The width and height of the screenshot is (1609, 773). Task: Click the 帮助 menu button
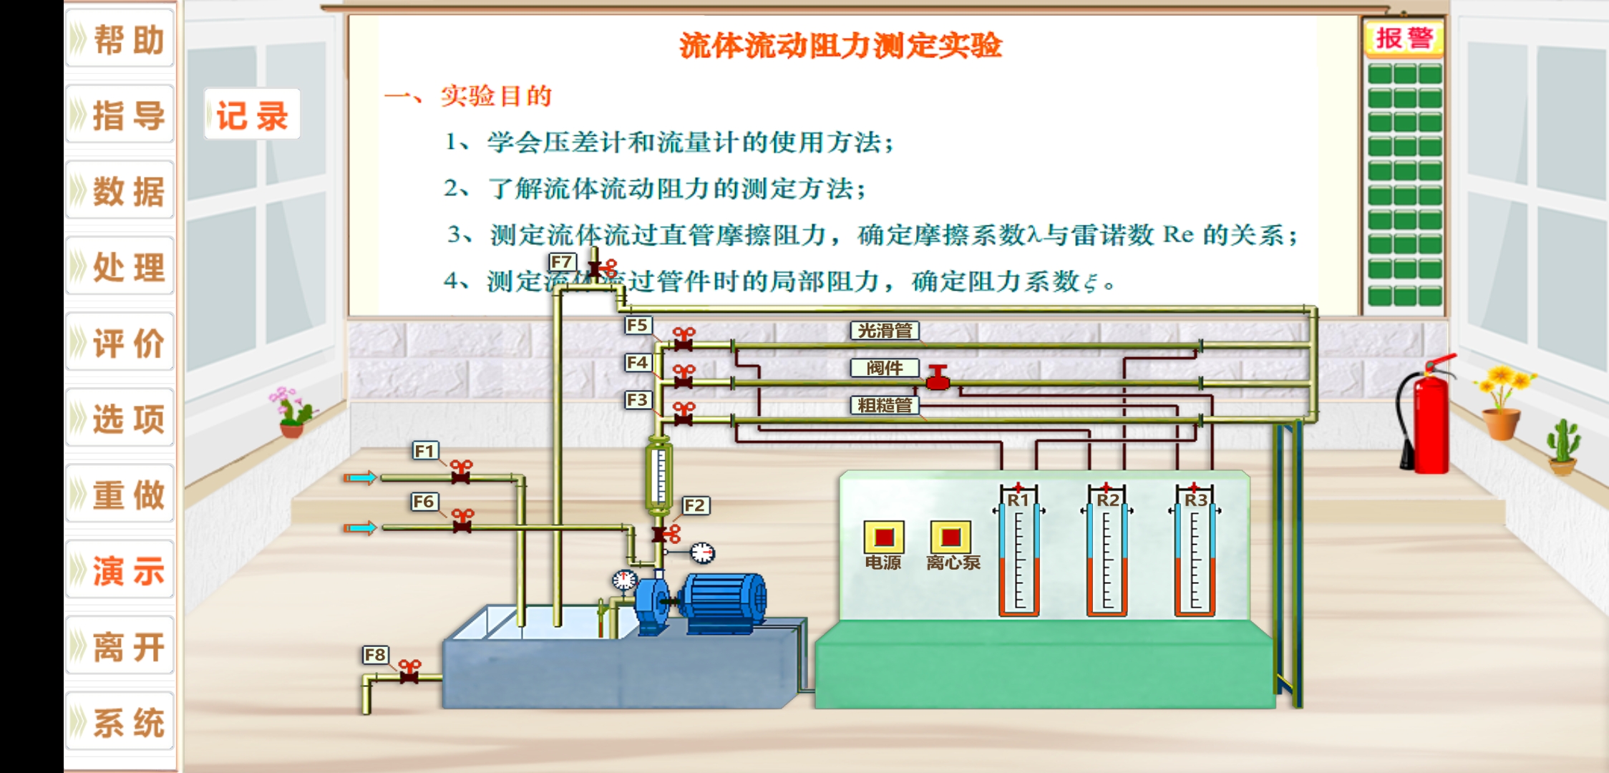[x=120, y=39]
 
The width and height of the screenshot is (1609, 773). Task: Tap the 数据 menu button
[x=120, y=191]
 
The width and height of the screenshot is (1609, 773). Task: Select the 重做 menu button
[x=120, y=495]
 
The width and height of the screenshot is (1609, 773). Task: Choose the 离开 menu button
[x=120, y=646]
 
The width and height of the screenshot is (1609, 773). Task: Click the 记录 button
[x=252, y=115]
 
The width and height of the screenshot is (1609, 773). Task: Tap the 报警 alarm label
[x=1404, y=38]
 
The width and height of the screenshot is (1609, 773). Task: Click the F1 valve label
[x=425, y=450]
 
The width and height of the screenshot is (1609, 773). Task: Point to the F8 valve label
[x=375, y=654]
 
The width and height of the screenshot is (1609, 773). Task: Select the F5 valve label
[x=636, y=325]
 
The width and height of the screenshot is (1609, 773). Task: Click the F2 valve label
[x=695, y=505]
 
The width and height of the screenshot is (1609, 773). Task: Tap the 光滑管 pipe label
[x=885, y=330]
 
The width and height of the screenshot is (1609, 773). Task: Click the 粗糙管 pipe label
[x=885, y=405]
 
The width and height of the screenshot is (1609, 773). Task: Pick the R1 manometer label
[x=1018, y=500]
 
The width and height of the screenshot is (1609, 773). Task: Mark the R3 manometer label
[x=1195, y=500]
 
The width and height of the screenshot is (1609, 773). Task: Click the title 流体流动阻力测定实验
[x=840, y=46]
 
